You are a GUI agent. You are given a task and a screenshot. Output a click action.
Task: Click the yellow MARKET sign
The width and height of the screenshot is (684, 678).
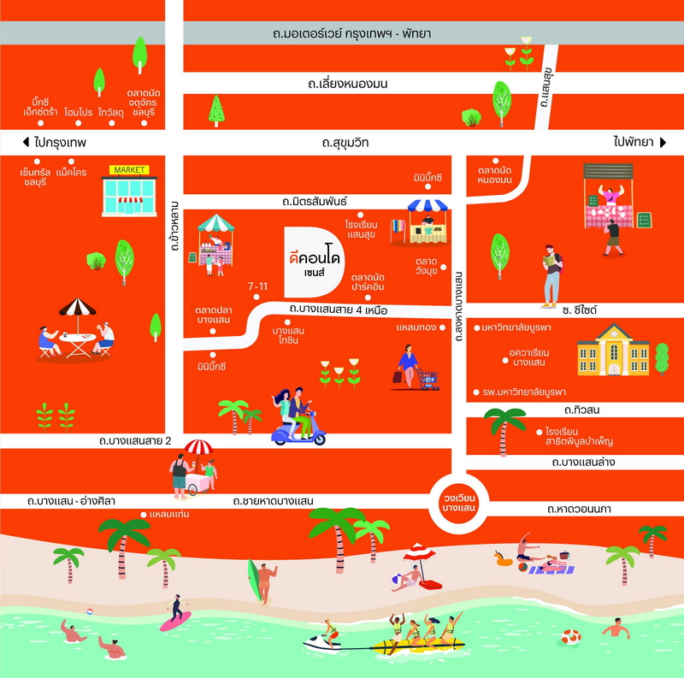tap(129, 170)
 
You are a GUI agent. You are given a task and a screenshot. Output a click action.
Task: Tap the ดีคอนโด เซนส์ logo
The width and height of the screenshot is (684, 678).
tap(314, 262)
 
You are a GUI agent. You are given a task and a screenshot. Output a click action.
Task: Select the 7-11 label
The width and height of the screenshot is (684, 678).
tap(257, 286)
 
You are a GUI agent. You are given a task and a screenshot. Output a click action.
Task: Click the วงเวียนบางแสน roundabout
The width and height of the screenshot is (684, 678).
tap(458, 504)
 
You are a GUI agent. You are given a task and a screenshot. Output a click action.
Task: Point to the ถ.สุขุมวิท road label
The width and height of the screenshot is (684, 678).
tap(345, 143)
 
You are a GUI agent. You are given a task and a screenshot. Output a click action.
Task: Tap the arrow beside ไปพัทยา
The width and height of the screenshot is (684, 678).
tap(663, 142)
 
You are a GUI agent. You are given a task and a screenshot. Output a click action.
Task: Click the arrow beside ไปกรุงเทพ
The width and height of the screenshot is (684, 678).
tap(26, 142)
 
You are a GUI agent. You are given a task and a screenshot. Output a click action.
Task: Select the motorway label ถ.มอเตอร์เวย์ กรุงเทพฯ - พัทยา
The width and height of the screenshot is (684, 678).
tap(351, 33)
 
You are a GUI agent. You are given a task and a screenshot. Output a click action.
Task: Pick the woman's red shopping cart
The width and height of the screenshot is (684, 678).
tap(428, 379)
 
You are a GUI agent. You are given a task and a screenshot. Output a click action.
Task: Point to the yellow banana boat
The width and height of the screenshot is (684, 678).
tap(416, 645)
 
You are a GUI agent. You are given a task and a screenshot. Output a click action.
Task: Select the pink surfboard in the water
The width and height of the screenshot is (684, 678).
tap(176, 622)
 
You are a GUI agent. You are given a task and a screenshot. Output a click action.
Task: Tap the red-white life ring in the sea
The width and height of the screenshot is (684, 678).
tap(571, 637)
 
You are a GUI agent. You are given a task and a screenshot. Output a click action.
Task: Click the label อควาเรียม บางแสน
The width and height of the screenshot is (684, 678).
tap(528, 357)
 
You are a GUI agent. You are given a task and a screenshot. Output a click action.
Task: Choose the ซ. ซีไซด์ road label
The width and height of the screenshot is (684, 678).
tap(580, 310)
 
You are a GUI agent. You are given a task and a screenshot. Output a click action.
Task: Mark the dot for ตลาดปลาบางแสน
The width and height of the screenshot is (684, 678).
tap(212, 331)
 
